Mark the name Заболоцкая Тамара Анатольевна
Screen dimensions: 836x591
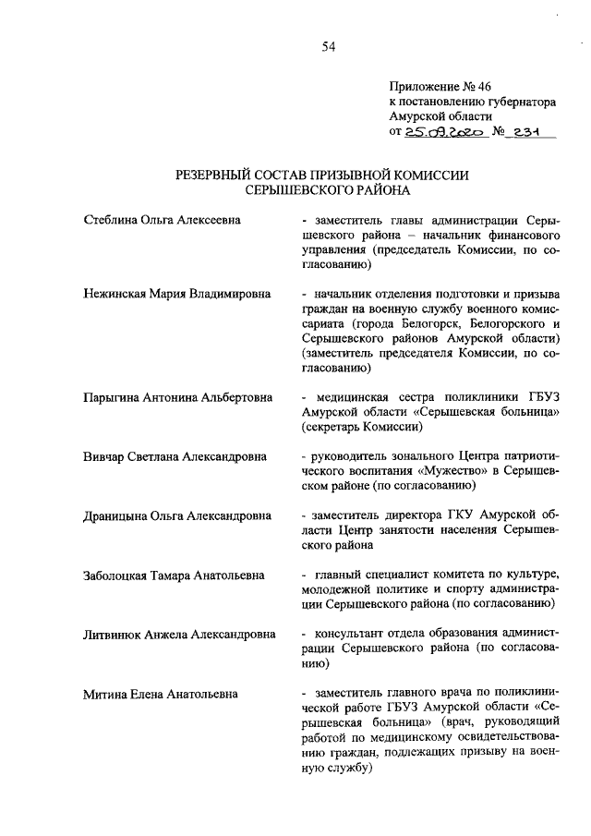(174, 575)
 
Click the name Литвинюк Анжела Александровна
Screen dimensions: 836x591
(178, 635)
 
